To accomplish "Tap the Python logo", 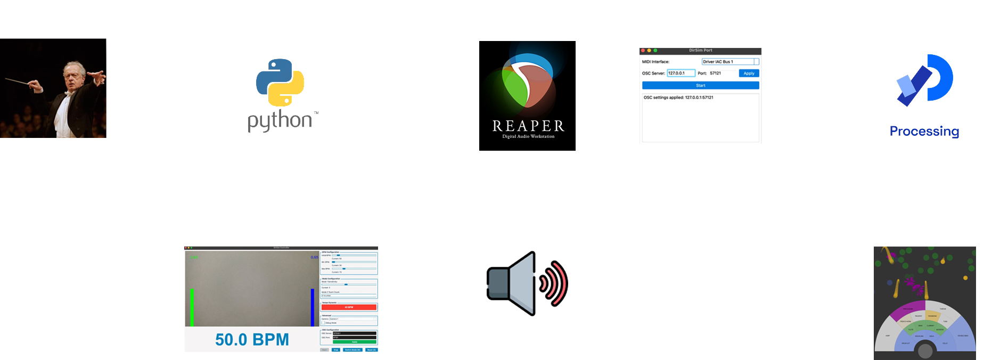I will coord(280,83).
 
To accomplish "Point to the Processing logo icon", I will coord(924,80).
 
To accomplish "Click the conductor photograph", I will coord(53,88).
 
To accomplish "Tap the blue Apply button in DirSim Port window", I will coord(749,73).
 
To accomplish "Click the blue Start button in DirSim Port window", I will coord(700,85).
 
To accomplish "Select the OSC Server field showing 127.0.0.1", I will coord(681,73).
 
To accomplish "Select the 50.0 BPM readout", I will coord(252,340).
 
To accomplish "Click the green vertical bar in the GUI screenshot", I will coord(192,307).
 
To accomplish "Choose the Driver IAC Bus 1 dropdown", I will coord(730,62).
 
